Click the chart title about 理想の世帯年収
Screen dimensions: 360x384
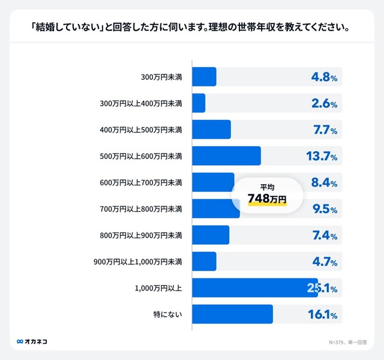click(x=191, y=28)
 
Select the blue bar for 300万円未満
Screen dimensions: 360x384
click(x=204, y=77)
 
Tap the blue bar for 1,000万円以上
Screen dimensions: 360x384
click(x=254, y=288)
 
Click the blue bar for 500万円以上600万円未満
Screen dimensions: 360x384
click(x=226, y=156)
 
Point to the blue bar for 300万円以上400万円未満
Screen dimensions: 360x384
click(x=199, y=103)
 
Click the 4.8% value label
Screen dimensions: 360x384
click(x=324, y=77)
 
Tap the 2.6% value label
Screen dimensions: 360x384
click(x=324, y=103)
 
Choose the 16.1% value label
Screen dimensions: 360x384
click(x=322, y=314)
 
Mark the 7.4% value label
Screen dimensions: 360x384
click(x=325, y=235)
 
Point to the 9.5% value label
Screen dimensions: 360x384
click(x=324, y=209)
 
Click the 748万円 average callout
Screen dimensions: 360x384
click(x=267, y=193)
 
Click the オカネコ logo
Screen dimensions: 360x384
click(x=32, y=341)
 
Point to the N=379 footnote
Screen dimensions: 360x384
click(x=347, y=343)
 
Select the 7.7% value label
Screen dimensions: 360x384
click(x=325, y=130)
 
